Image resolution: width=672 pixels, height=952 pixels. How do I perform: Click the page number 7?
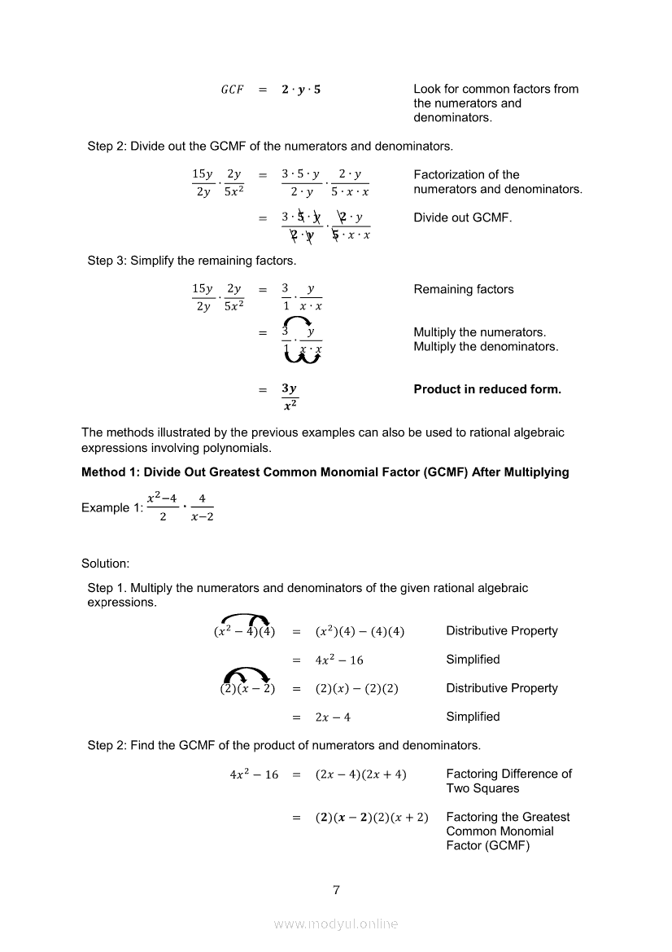pyautogui.click(x=336, y=889)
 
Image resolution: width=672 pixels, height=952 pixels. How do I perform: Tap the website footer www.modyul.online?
pyautogui.click(x=336, y=924)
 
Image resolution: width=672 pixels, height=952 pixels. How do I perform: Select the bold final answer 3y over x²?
pyautogui.click(x=289, y=397)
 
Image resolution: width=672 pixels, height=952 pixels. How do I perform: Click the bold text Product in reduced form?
pyautogui.click(x=487, y=389)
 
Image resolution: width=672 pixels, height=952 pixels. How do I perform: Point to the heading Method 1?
pyautogui.click(x=325, y=472)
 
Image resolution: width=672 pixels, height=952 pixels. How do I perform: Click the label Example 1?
pyautogui.click(x=111, y=508)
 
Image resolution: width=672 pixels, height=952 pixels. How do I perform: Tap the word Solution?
pyautogui.click(x=106, y=564)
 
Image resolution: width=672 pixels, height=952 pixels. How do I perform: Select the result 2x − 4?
pyautogui.click(x=333, y=717)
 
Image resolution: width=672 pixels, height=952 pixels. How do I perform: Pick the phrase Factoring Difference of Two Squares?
pyautogui.click(x=508, y=781)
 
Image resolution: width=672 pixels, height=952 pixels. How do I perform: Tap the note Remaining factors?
pyautogui.click(x=464, y=289)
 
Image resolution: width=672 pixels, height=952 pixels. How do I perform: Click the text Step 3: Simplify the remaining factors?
pyautogui.click(x=192, y=261)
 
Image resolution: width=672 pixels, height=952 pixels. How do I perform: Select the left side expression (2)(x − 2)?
pyautogui.click(x=247, y=689)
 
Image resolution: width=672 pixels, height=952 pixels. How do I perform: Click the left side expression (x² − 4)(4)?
pyautogui.click(x=244, y=632)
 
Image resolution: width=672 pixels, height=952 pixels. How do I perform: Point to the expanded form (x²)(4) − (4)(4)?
pyautogui.click(x=360, y=632)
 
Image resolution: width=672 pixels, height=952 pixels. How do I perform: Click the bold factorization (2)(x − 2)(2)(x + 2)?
pyautogui.click(x=371, y=818)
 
